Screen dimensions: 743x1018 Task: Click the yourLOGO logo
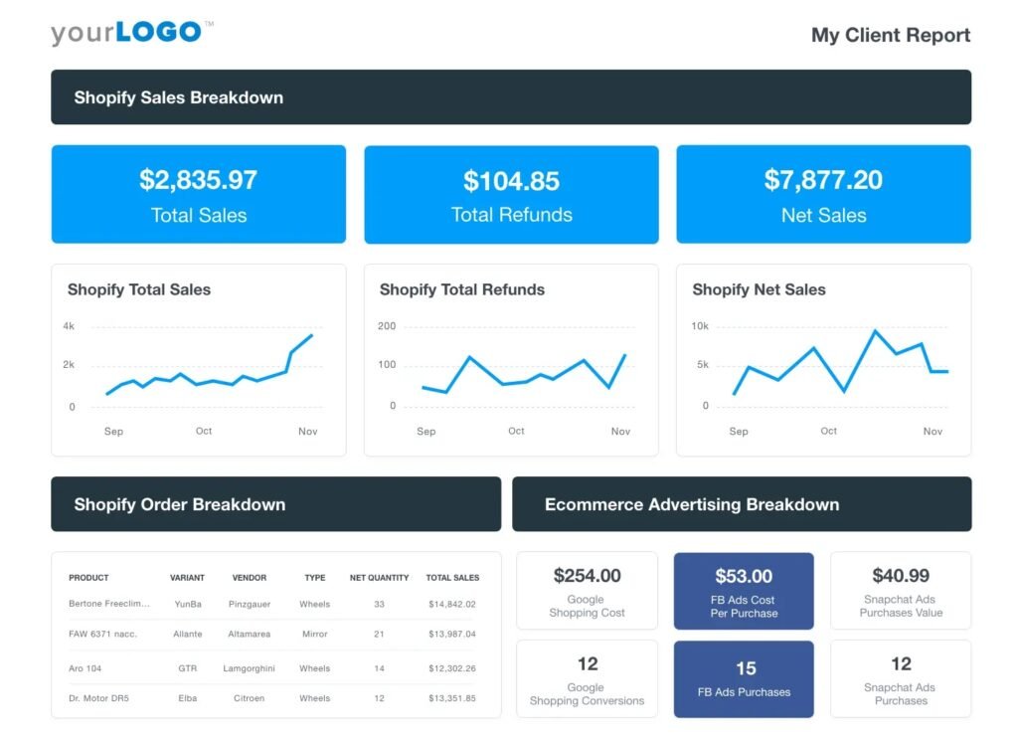tap(131, 32)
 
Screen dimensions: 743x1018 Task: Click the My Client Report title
tap(890, 35)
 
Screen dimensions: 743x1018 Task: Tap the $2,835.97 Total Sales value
tap(198, 180)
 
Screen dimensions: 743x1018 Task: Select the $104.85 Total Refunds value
tap(511, 181)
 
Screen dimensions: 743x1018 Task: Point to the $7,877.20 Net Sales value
tap(823, 180)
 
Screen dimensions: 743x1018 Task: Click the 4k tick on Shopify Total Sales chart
tap(69, 326)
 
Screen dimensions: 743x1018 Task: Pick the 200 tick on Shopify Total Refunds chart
tap(387, 326)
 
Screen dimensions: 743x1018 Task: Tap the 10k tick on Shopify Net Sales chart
tap(700, 326)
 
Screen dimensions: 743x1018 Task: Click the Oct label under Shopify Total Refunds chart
tap(516, 431)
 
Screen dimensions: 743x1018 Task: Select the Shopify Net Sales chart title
tap(759, 289)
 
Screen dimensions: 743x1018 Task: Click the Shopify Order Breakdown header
tap(179, 504)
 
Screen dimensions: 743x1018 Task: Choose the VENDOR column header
tap(250, 577)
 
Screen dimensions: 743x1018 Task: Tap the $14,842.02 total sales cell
tap(452, 604)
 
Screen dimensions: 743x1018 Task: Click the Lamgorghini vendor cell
tap(250, 668)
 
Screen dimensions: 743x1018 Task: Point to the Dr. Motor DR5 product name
tap(98, 698)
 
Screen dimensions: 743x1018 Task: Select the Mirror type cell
tap(315, 634)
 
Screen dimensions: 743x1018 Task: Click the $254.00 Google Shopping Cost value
tap(587, 575)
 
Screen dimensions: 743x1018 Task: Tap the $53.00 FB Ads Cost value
tap(744, 576)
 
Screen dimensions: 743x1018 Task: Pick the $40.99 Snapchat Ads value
tap(901, 575)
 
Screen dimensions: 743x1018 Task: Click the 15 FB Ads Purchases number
tap(745, 668)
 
